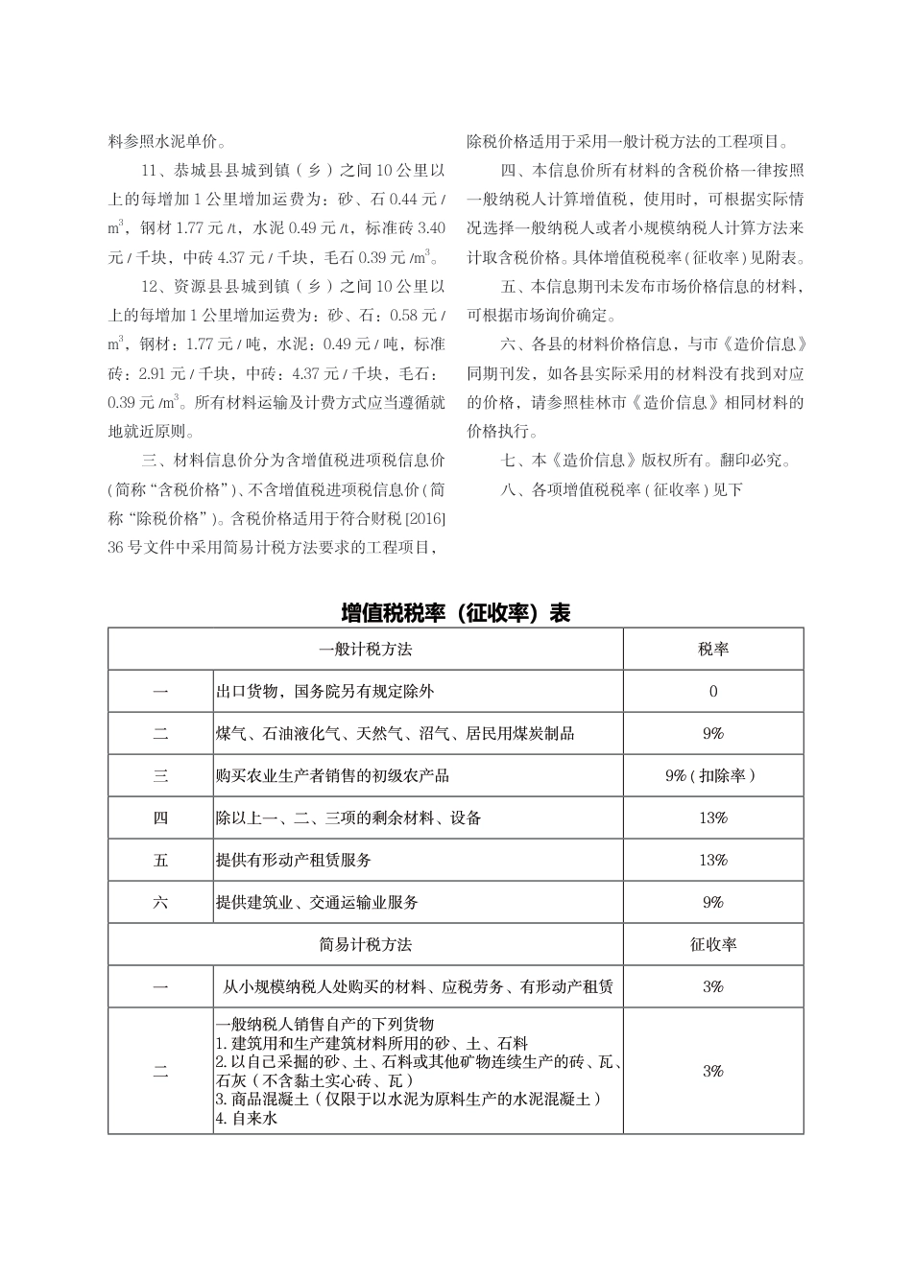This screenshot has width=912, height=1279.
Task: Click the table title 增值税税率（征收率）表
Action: click(456, 613)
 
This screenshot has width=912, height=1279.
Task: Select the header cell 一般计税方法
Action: click(365, 649)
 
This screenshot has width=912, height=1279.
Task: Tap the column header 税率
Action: click(713, 649)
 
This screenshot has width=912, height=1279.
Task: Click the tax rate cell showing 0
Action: click(713, 691)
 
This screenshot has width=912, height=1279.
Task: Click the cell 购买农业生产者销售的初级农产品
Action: click(332, 775)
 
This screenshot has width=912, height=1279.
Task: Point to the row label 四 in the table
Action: click(160, 817)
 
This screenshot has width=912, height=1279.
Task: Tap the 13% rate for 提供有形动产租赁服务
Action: click(713, 860)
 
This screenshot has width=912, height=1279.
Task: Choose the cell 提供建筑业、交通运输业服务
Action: click(318, 902)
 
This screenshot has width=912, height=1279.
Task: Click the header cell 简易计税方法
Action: click(365, 944)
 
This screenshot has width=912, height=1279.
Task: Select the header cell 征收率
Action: click(713, 944)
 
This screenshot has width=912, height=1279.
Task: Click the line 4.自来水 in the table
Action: click(247, 1118)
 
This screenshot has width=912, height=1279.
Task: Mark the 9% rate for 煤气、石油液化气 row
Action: click(713, 733)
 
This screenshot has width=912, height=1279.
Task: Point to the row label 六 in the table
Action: click(160, 902)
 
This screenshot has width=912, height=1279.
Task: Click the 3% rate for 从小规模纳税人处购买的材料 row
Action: click(713, 986)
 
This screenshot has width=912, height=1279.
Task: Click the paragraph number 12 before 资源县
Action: click(149, 286)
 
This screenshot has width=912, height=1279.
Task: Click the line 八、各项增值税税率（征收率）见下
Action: click(622, 489)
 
